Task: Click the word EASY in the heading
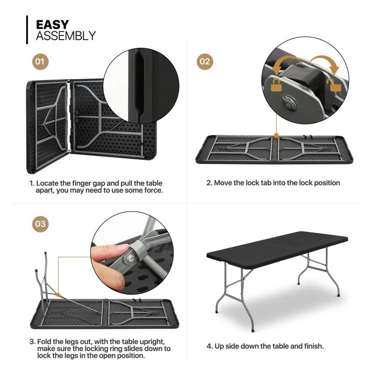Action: point(52,24)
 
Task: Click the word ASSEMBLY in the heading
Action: point(65,36)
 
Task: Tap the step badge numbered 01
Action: point(41,61)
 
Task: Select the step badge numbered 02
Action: point(204,61)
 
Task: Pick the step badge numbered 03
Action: point(41,224)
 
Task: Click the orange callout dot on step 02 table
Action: point(277,136)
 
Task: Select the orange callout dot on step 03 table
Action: point(58,295)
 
